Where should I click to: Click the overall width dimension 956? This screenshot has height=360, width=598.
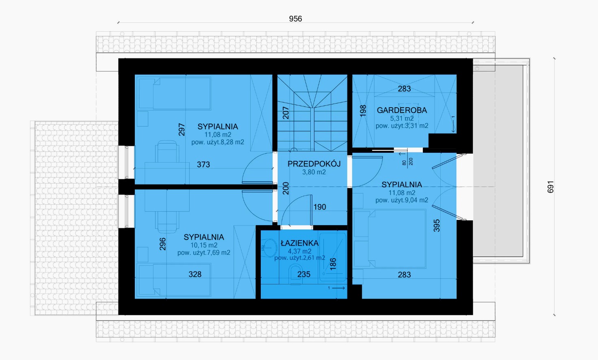point(295,19)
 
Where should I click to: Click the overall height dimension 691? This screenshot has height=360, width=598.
point(550,187)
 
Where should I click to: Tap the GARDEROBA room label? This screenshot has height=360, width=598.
point(402,110)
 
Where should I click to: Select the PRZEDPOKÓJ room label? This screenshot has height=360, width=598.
point(314,164)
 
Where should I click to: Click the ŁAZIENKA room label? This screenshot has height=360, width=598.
point(299,243)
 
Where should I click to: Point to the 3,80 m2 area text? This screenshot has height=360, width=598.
point(314,172)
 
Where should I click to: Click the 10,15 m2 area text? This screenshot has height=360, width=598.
point(204,245)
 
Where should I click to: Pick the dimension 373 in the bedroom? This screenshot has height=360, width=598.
point(204,165)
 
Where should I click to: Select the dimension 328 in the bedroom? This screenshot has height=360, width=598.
point(195,274)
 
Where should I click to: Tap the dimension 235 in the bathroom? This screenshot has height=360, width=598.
point(304,274)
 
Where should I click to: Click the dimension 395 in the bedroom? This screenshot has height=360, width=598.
point(436,226)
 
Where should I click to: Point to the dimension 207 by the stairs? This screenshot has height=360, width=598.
point(286,113)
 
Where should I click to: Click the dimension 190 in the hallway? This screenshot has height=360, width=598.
point(320,207)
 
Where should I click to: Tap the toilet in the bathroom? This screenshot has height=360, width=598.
point(295,274)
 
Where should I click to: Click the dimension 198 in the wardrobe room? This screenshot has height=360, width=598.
point(363,111)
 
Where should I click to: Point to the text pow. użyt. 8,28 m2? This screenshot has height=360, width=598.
point(218,142)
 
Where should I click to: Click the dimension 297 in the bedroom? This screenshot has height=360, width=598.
point(182,130)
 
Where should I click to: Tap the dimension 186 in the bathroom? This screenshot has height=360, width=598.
point(333,264)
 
